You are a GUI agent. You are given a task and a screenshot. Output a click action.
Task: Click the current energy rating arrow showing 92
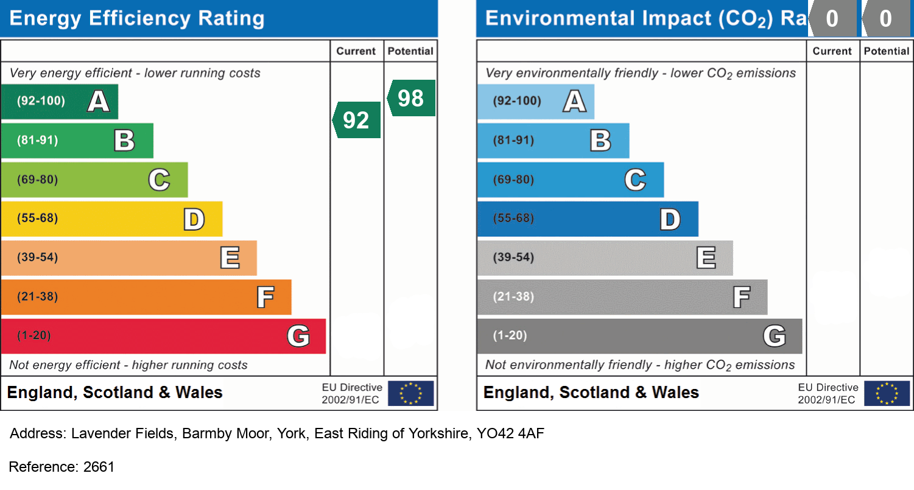click(357, 120)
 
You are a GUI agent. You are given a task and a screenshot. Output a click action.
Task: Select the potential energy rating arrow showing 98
click(412, 98)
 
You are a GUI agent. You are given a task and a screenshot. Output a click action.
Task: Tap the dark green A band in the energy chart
click(59, 101)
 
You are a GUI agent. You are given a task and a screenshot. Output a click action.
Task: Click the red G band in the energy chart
click(163, 336)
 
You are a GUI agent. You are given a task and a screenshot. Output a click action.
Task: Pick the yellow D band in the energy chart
click(111, 219)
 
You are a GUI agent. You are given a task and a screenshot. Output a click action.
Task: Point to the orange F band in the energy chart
click(146, 297)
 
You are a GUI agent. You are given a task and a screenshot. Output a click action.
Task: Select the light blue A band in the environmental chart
click(535, 101)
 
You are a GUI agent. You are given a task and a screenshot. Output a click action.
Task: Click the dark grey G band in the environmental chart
click(639, 336)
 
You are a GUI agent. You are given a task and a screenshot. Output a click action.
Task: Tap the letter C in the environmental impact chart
click(635, 180)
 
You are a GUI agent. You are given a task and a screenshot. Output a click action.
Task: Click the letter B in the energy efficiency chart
click(124, 141)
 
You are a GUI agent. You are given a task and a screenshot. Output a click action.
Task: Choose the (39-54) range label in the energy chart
click(38, 257)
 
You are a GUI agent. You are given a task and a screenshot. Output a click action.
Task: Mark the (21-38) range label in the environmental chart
click(514, 297)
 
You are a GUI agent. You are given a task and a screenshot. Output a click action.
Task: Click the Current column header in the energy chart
click(356, 51)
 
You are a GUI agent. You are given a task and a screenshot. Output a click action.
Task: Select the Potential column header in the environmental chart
click(887, 51)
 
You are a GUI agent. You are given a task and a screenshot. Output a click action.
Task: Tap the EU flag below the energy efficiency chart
click(411, 393)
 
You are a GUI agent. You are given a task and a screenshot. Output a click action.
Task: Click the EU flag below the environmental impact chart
click(887, 393)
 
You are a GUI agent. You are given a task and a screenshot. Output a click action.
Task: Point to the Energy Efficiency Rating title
click(137, 18)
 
